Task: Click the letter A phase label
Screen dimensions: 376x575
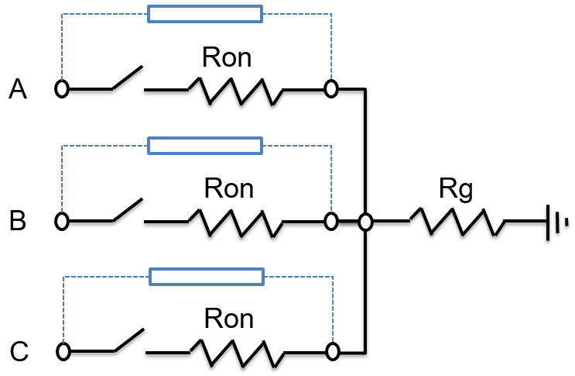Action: click(x=18, y=91)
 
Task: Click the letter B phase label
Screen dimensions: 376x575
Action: click(x=18, y=222)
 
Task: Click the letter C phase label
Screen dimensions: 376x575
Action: click(x=19, y=353)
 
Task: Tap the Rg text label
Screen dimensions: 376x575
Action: click(x=456, y=189)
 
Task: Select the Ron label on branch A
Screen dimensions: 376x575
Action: click(x=227, y=57)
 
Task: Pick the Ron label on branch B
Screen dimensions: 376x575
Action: click(x=228, y=188)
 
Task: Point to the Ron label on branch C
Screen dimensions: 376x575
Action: click(x=228, y=319)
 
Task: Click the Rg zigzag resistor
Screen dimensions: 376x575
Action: click(x=457, y=222)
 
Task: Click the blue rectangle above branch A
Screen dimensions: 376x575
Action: click(x=204, y=14)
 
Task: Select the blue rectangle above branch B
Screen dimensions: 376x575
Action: click(x=205, y=145)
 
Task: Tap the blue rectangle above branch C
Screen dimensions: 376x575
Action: click(x=206, y=277)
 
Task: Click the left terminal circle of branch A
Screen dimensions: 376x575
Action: click(x=62, y=89)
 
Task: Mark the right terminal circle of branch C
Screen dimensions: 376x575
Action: click(x=333, y=352)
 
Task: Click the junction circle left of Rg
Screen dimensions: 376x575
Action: click(x=366, y=222)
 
